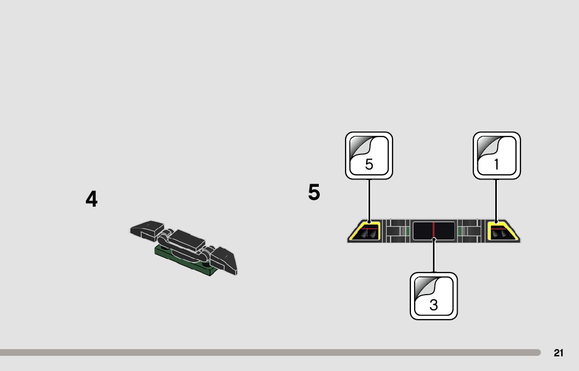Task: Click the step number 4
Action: point(92,199)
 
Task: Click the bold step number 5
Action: point(314,193)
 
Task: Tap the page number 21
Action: point(559,353)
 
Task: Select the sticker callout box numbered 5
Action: point(369,155)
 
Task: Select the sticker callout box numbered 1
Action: point(496,155)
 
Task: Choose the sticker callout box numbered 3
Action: point(433,296)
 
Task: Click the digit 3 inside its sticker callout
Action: point(433,305)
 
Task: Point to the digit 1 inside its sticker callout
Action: point(496,164)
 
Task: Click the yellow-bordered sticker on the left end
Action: point(366,231)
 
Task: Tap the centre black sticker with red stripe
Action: point(433,230)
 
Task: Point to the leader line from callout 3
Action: point(434,256)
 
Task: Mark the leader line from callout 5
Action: point(369,199)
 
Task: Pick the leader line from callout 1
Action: point(496,199)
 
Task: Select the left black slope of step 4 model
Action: point(147,228)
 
